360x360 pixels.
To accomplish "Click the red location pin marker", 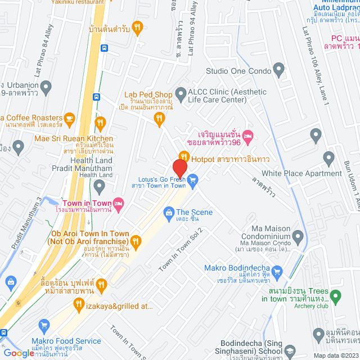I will coord(179,168).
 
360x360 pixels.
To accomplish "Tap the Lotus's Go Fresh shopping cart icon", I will coord(193,181).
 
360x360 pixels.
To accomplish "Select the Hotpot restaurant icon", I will coord(183,156).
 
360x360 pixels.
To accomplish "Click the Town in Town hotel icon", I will coord(119,202).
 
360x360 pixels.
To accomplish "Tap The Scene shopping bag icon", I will coord(168,212).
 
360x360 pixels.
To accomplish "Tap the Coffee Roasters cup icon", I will coord(69,119).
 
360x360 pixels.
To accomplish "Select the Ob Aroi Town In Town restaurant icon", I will coord(136,241).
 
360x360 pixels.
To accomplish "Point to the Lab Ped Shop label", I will coord(147,95).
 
